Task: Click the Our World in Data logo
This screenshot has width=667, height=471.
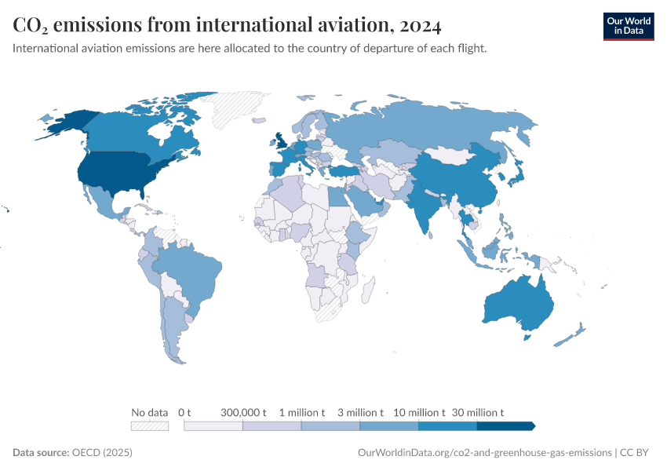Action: [x=628, y=25]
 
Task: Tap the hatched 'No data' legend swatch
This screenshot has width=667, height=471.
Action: [x=150, y=425]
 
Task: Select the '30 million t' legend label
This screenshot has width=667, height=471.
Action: [x=477, y=412]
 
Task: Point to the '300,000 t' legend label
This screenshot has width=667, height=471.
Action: [x=243, y=412]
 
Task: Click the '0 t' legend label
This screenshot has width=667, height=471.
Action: [x=184, y=412]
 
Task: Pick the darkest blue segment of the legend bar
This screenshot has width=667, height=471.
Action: [x=505, y=425]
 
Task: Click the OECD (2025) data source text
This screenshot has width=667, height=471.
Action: [x=102, y=453]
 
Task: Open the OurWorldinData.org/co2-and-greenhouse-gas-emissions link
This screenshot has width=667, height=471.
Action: [x=484, y=453]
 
